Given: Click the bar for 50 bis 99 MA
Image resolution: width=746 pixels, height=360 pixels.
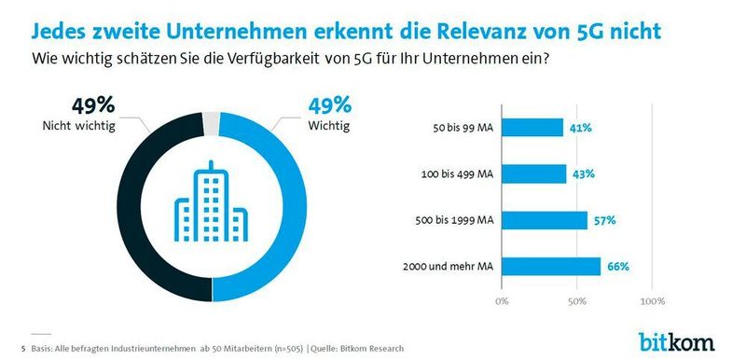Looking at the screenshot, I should coord(532,128).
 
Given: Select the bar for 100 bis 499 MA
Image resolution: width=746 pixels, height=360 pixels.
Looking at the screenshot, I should coord(534,173).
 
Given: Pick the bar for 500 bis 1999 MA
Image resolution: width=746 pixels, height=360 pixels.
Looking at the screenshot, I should coord(545,220).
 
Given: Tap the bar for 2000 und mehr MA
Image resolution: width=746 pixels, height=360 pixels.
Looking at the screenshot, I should coord(551,266).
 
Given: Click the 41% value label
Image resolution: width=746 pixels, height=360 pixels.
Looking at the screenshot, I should coord(580,128).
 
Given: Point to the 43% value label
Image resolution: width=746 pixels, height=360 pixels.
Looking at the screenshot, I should coord(583,173).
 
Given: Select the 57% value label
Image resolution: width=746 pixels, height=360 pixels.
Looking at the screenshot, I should coord(603,220).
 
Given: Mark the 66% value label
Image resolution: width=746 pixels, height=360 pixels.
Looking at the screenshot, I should coord(617,266).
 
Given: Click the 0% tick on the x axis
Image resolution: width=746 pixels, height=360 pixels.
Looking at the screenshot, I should coord(502,301).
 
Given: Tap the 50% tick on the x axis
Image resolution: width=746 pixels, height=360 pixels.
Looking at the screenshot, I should coord(577,301).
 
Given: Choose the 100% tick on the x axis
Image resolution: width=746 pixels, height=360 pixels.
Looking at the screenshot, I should coord(653,301).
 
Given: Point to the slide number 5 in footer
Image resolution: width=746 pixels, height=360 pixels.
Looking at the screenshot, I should coord(22,348).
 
